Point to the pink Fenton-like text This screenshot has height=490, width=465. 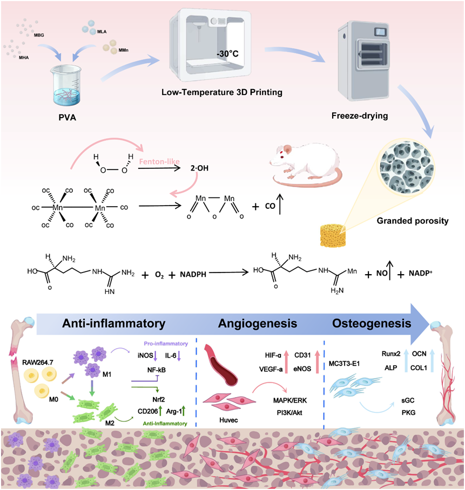[x=160, y=161]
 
